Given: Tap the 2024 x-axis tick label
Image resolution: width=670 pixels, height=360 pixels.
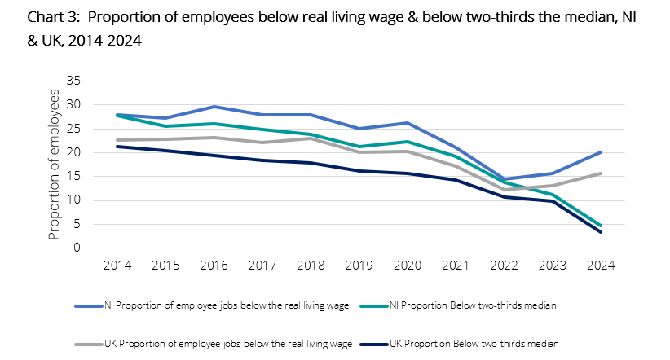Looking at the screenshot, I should [x=601, y=266].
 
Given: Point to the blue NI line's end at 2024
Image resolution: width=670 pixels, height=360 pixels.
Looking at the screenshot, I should [x=601, y=152].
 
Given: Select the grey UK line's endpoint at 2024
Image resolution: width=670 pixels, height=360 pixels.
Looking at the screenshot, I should [x=601, y=173].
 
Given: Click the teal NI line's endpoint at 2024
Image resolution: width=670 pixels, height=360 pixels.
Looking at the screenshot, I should [x=601, y=226].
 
